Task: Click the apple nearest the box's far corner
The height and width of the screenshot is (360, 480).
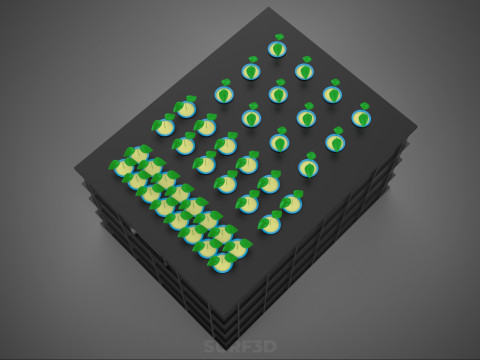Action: (277, 48)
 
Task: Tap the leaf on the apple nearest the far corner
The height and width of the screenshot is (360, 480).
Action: (279, 37)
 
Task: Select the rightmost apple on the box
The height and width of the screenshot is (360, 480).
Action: (361, 118)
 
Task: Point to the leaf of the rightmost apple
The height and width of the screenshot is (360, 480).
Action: (365, 106)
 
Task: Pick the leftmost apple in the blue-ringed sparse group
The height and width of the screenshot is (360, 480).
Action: (224, 95)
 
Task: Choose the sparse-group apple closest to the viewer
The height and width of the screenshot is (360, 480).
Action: (309, 168)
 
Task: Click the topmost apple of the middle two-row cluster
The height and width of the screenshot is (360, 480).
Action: (185, 108)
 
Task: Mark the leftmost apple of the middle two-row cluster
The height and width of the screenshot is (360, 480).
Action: (164, 127)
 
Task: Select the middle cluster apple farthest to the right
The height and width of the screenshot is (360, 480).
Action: (291, 203)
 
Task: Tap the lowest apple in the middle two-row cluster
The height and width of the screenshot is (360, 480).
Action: (270, 223)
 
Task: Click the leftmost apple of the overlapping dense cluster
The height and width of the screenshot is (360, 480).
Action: (124, 168)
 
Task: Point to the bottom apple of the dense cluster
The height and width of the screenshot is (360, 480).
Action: (222, 263)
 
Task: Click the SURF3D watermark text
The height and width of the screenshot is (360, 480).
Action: (239, 347)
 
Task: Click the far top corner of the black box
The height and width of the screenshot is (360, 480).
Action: (269, 9)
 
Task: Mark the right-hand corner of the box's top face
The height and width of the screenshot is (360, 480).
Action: (416, 127)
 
